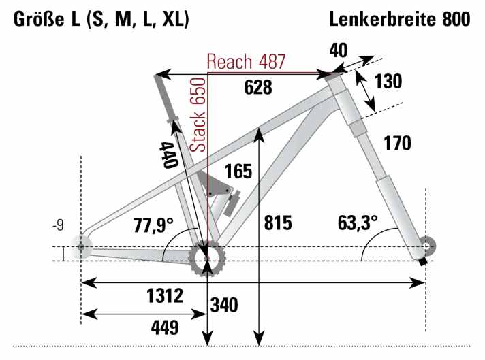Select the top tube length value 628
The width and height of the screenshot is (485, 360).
[x=257, y=86]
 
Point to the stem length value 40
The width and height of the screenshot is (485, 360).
[x=339, y=50]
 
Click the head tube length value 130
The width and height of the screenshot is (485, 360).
[x=388, y=82]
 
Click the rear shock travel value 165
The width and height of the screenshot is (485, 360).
[x=238, y=171]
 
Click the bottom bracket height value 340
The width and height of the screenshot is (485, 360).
[x=224, y=306]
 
